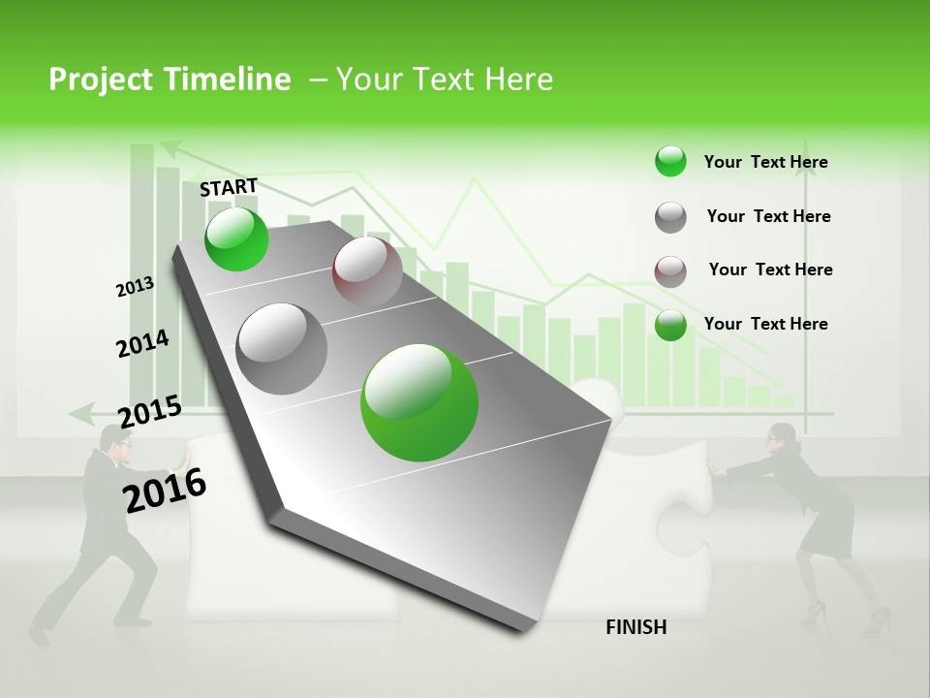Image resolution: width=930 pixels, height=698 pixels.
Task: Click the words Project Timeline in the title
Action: point(170,79)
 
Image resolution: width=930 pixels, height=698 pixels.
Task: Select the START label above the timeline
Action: point(229,187)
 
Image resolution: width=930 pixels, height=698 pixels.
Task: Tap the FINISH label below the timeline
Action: point(635,627)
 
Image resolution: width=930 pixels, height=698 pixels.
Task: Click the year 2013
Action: point(135,287)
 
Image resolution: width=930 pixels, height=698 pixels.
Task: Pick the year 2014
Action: point(142,343)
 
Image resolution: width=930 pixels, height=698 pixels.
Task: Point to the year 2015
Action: point(150,411)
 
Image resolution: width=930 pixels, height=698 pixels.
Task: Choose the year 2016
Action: point(165,490)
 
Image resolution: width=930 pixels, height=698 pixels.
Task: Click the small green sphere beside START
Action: point(236,239)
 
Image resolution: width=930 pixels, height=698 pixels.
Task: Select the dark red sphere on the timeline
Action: point(367,271)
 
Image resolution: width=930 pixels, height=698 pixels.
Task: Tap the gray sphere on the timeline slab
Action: point(282,348)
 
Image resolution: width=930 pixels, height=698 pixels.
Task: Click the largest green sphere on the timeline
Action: point(419,402)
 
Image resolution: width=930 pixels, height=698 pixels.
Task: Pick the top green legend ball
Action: point(670,162)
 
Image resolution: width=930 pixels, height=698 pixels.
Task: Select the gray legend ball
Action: point(670,217)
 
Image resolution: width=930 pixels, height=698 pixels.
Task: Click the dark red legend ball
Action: point(670,271)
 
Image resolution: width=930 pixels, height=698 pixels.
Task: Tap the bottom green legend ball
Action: point(670,325)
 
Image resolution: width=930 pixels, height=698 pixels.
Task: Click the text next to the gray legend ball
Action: point(768,216)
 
